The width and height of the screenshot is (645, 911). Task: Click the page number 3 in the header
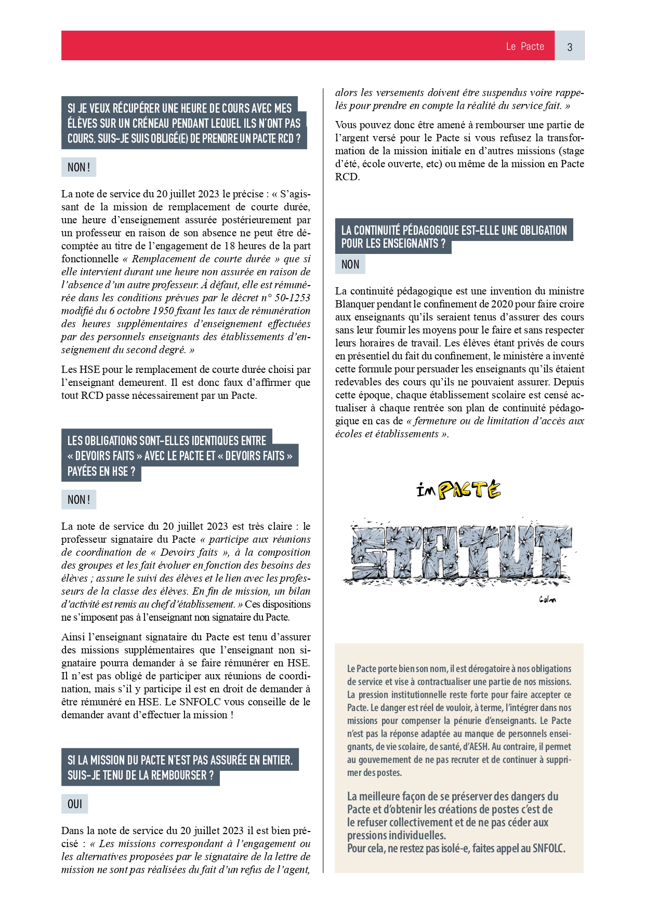[x=570, y=47]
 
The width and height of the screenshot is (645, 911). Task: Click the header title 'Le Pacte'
[x=525, y=46]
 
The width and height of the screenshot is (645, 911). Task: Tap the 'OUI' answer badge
[x=75, y=803]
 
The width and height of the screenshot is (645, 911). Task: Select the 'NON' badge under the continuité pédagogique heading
[x=350, y=264]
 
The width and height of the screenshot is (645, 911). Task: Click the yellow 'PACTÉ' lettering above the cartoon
[x=469, y=490]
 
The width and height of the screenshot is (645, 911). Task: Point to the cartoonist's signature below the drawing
[x=547, y=600]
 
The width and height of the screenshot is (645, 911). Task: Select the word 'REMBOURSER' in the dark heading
[x=178, y=775]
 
